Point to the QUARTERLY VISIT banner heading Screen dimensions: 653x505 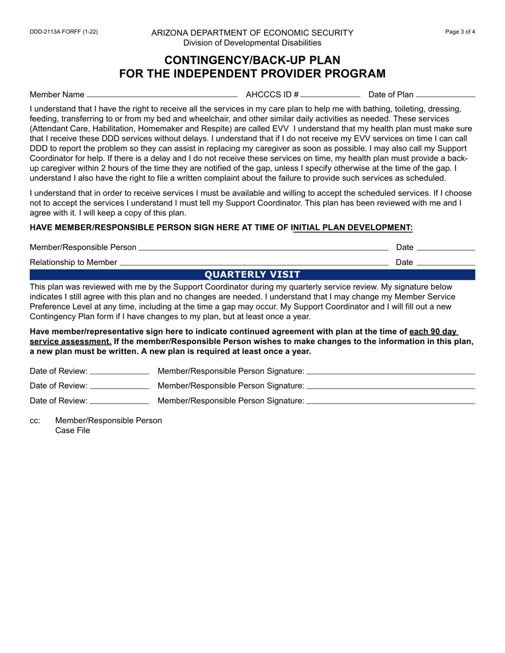[x=252, y=274]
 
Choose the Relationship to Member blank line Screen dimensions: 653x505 [x=254, y=262]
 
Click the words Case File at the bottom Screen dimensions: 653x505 [x=73, y=431]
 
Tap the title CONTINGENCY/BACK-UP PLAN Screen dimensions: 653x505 [x=252, y=59]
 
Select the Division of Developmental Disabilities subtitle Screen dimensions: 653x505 [x=252, y=42]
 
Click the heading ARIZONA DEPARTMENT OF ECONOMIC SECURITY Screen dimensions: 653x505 [x=252, y=33]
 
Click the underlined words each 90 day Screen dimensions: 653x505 [x=433, y=332]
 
